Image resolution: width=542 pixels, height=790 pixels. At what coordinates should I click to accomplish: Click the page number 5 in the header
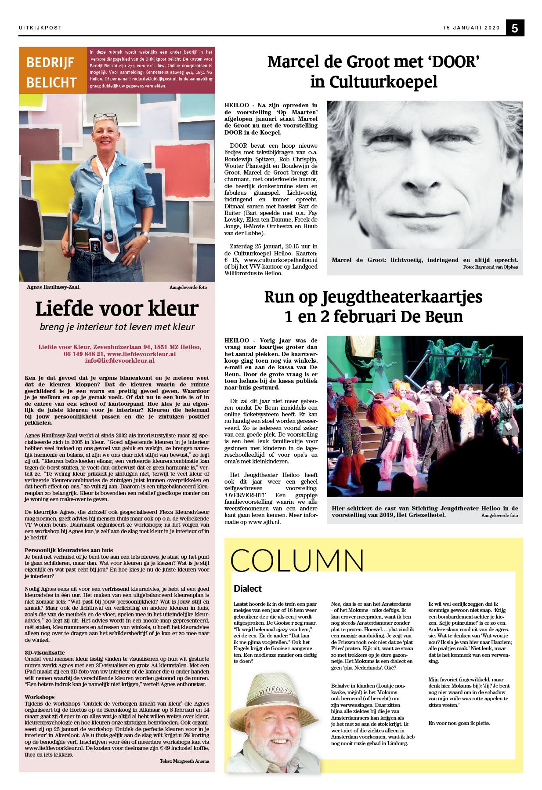(x=515, y=28)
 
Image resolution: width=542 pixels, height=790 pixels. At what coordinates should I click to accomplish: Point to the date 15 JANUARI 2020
(x=471, y=28)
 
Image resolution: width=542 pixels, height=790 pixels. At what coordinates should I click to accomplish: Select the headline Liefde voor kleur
(x=116, y=309)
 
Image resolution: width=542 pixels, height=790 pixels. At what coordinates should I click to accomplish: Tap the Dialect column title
(x=248, y=588)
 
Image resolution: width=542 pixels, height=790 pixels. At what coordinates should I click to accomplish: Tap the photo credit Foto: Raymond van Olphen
(x=490, y=267)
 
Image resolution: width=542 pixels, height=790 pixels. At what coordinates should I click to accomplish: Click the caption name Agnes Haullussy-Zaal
(x=53, y=287)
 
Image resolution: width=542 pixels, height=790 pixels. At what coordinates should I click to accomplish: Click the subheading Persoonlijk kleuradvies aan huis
(x=69, y=550)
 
